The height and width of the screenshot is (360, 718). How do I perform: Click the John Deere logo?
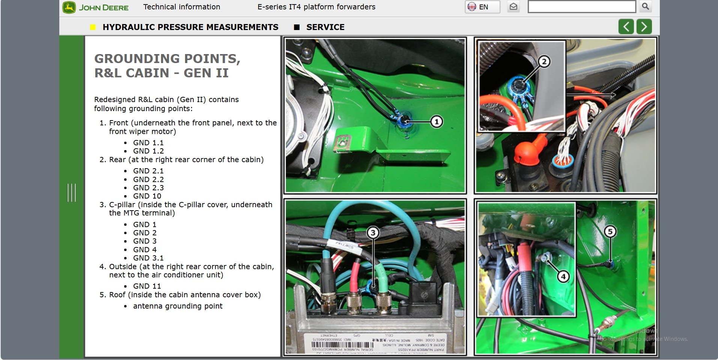[x=96, y=8]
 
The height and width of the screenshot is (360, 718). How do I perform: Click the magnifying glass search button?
[x=645, y=6]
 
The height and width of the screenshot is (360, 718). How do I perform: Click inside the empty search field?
[x=581, y=7]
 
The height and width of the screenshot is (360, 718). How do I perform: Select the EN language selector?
[x=482, y=7]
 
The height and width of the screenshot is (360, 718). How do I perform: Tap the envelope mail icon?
[x=513, y=7]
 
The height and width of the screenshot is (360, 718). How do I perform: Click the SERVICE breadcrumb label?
[x=325, y=27]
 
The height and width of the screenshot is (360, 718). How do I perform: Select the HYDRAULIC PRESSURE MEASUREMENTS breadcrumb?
[x=190, y=27]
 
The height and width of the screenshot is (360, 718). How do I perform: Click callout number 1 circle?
[x=436, y=122]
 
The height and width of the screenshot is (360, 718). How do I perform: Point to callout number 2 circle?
[x=544, y=62]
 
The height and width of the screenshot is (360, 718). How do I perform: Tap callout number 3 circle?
[x=373, y=233]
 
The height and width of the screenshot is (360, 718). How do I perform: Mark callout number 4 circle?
[x=563, y=277]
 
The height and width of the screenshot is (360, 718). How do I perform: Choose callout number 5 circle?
[x=610, y=232]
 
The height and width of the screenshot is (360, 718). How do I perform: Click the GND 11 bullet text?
[x=147, y=286]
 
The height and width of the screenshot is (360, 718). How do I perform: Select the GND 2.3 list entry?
[x=148, y=188]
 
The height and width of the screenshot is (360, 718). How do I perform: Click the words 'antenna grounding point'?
[x=178, y=306]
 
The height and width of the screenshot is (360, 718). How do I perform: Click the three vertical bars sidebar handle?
[x=71, y=193]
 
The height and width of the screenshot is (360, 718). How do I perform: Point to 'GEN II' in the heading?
[x=206, y=73]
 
